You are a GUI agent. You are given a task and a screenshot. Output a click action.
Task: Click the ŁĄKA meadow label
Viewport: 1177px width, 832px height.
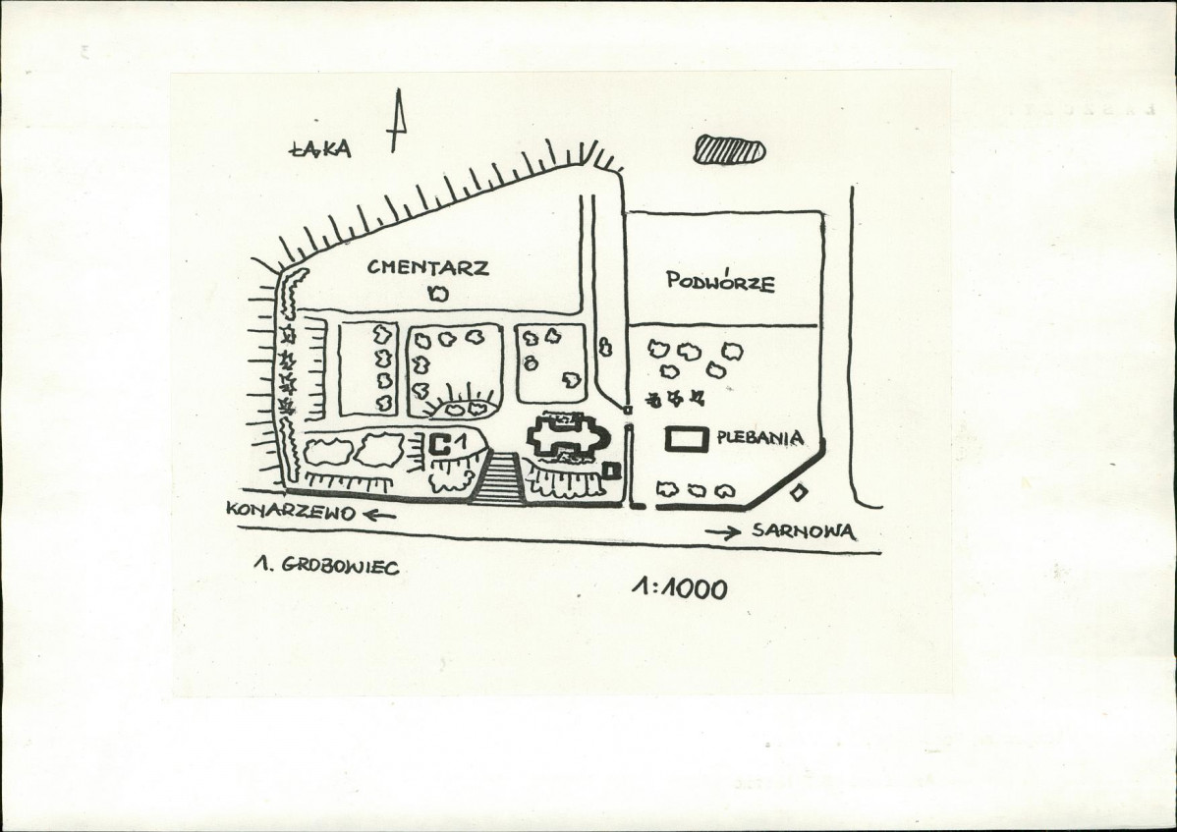tap(319, 148)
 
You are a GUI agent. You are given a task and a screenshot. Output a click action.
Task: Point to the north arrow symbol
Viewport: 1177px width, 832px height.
tap(397, 120)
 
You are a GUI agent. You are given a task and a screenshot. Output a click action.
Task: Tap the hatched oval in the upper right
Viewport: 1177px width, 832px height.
tap(729, 149)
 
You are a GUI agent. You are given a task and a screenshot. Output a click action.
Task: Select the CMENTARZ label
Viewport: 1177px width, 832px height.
tap(427, 267)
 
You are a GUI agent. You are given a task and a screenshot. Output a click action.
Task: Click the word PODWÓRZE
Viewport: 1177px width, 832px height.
tap(720, 281)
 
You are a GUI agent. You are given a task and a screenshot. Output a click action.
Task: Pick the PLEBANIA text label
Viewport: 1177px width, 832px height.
tap(759, 437)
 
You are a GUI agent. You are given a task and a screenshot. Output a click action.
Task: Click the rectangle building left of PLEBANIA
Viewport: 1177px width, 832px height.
tap(689, 439)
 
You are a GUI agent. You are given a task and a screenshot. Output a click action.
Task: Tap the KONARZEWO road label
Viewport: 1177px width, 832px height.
tap(291, 511)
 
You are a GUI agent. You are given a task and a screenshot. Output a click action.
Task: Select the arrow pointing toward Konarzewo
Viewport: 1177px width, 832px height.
tap(380, 515)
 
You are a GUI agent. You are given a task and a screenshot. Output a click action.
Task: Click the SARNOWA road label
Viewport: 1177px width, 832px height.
tap(804, 531)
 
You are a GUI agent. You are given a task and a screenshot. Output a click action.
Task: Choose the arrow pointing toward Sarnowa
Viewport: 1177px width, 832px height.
tap(722, 532)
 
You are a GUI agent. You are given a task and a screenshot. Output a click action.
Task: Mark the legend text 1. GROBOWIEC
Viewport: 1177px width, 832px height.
tap(326, 566)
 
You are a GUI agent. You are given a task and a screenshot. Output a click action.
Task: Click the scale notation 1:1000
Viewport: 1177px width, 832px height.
tap(679, 589)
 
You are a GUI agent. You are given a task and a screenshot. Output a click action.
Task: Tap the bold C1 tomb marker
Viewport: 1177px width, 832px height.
tap(449, 444)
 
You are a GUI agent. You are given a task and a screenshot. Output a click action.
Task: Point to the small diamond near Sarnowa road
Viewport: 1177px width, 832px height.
tap(799, 493)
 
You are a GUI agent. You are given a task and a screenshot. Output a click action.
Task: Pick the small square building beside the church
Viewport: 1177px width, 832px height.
tap(612, 471)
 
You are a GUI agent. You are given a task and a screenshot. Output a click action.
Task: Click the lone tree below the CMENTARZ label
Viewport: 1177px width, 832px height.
tap(437, 294)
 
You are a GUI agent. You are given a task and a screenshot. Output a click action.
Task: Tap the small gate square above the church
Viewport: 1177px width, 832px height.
tap(628, 410)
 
